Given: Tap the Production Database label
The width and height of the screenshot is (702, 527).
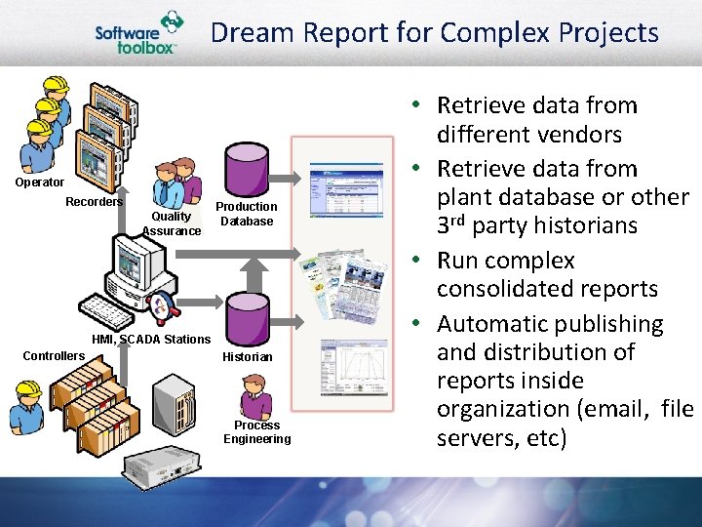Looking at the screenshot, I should pyautogui.click(x=246, y=214).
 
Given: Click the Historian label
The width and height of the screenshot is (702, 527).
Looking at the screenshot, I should pyautogui.click(x=247, y=357).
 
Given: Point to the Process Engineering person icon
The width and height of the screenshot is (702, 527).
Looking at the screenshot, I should pyautogui.click(x=256, y=398).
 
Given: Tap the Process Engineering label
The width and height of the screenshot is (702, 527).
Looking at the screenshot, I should pyautogui.click(x=256, y=432).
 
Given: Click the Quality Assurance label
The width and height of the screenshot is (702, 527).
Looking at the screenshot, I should pyautogui.click(x=172, y=223).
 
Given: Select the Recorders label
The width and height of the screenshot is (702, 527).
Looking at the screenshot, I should pyautogui.click(x=94, y=202).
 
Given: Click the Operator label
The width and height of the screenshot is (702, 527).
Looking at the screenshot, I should pyautogui.click(x=40, y=182).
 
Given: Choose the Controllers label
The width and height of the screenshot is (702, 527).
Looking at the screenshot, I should pyautogui.click(x=54, y=356).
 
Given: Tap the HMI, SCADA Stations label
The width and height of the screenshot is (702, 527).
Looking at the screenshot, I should pyautogui.click(x=150, y=340).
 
